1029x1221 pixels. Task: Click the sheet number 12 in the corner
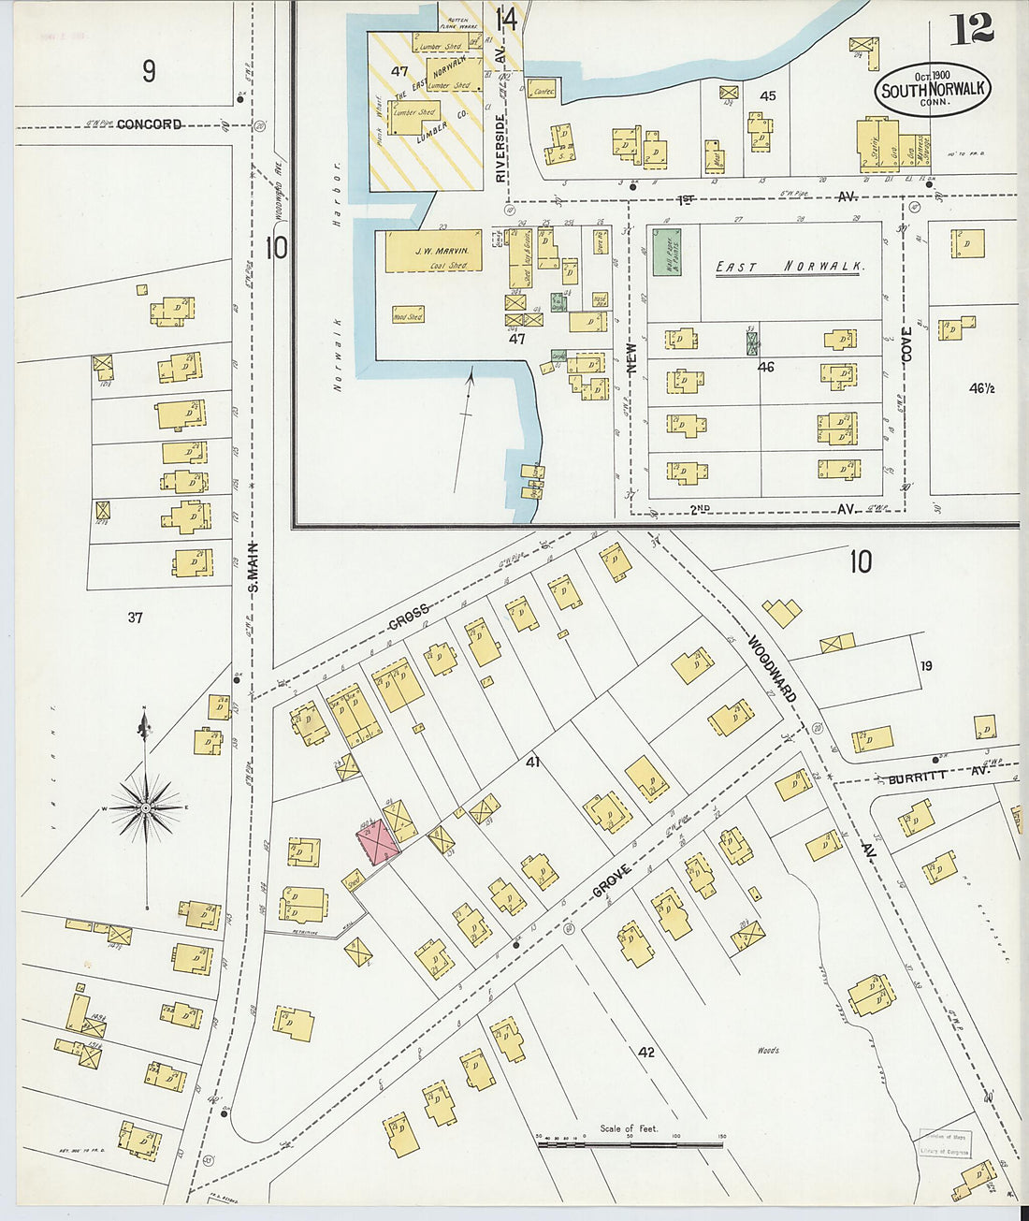click(x=972, y=28)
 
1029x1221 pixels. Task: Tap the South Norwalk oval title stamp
click(x=932, y=90)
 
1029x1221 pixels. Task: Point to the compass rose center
click(x=145, y=807)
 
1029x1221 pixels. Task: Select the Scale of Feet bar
click(x=629, y=1142)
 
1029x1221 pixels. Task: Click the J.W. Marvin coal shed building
click(x=433, y=252)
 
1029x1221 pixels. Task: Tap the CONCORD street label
click(x=149, y=124)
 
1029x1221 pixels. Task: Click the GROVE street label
click(x=613, y=881)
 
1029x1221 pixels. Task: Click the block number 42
click(x=645, y=1052)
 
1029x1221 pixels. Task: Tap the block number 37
click(x=136, y=618)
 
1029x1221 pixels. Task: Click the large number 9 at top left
click(x=149, y=70)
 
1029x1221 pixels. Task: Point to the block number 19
click(x=925, y=666)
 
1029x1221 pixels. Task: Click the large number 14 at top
click(x=506, y=19)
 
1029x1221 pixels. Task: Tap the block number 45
click(x=768, y=95)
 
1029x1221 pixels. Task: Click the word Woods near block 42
click(x=768, y=1051)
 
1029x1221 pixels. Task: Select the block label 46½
click(x=979, y=388)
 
